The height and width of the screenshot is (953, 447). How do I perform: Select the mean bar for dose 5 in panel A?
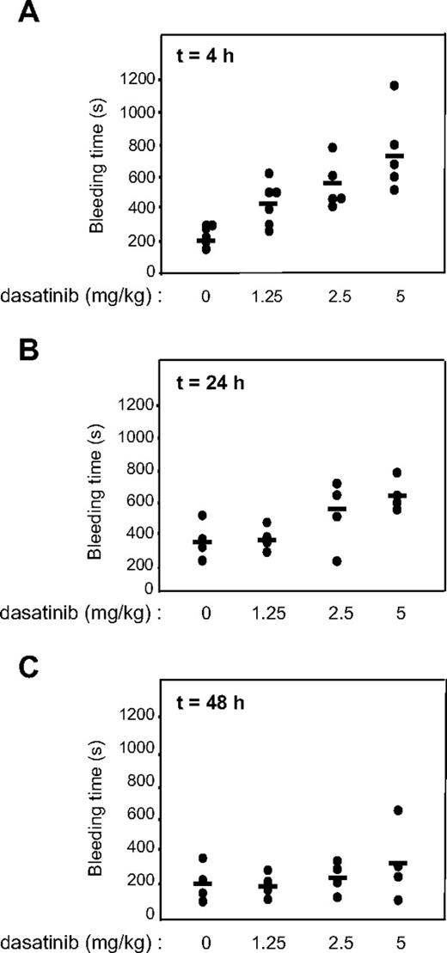coord(395,156)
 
